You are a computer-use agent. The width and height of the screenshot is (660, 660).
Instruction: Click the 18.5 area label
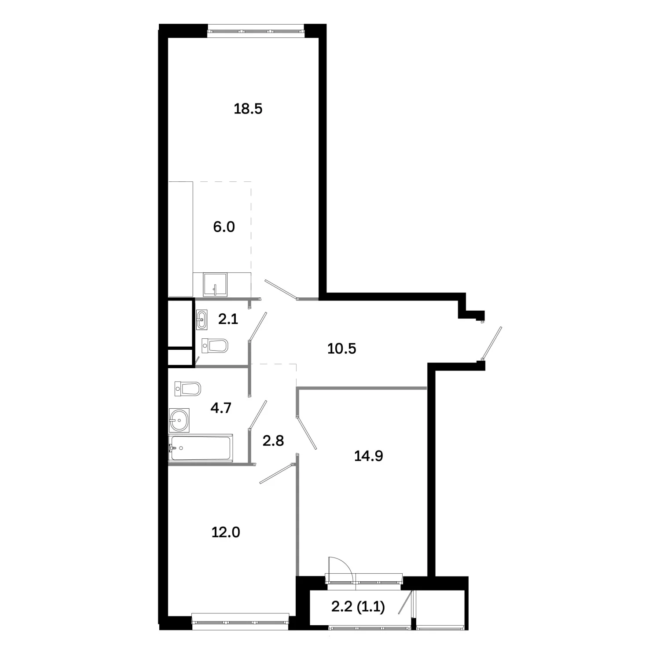[x=248, y=109]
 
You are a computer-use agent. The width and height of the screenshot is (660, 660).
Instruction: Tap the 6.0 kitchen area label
[x=224, y=227]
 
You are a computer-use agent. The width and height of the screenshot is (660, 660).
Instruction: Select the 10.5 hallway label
[x=341, y=348]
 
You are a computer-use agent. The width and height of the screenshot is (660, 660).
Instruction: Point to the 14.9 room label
[x=368, y=456]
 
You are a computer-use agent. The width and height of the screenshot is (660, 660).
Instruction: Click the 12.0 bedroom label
[x=226, y=532]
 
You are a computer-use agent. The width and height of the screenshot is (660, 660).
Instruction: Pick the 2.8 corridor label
[x=273, y=440]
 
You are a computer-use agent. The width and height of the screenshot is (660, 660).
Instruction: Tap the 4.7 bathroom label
[x=221, y=408]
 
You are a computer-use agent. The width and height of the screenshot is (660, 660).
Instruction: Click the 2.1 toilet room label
[x=228, y=319]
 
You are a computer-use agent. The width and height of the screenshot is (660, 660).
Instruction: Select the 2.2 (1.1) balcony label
[x=358, y=607]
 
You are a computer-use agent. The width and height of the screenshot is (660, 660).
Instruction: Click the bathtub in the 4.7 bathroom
[x=201, y=448]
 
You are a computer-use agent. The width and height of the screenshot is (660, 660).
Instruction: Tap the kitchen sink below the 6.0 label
[x=215, y=285]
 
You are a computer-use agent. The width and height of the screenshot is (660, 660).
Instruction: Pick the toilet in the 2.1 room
[x=215, y=345]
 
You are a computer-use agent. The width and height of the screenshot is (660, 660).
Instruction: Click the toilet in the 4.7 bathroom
[x=187, y=389]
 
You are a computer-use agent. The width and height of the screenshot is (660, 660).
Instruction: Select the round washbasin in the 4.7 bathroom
[x=179, y=420]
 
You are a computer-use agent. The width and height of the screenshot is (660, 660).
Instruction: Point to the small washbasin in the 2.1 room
[x=202, y=319]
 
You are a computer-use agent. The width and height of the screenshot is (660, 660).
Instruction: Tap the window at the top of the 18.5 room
[x=256, y=31]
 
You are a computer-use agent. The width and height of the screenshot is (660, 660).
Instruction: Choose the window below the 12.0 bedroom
[x=241, y=622]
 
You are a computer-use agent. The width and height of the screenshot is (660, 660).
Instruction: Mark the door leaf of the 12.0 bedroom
[x=276, y=474]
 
